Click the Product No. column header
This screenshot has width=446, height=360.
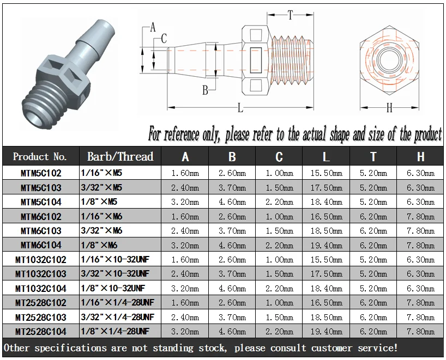[40, 157]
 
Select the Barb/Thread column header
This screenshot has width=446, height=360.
[120, 157]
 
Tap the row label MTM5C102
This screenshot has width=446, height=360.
[41, 174]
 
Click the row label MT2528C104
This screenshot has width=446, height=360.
[41, 331]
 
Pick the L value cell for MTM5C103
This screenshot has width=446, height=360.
[326, 188]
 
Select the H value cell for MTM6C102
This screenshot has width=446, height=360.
[420, 217]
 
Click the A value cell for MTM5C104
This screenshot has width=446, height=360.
[185, 202]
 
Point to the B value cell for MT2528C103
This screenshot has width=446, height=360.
[232, 316]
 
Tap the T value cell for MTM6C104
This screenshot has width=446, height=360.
[373, 245]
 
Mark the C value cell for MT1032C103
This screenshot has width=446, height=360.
[279, 273]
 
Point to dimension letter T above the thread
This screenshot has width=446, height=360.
[290, 16]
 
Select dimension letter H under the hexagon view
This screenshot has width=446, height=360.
[389, 108]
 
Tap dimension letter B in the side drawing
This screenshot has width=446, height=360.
[205, 90]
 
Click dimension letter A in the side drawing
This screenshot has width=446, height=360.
[153, 27]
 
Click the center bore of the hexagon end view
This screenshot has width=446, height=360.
[389, 57]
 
